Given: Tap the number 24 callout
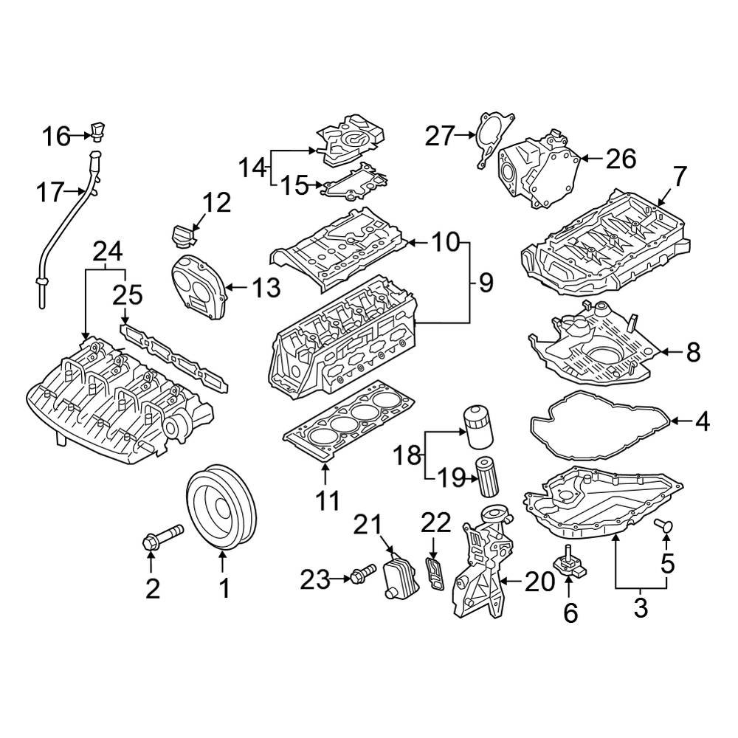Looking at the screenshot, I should point(106,253).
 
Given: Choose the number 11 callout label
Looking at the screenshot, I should point(328,501).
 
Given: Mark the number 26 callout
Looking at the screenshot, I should point(620,157).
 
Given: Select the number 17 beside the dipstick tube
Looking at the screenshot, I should point(52,193).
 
